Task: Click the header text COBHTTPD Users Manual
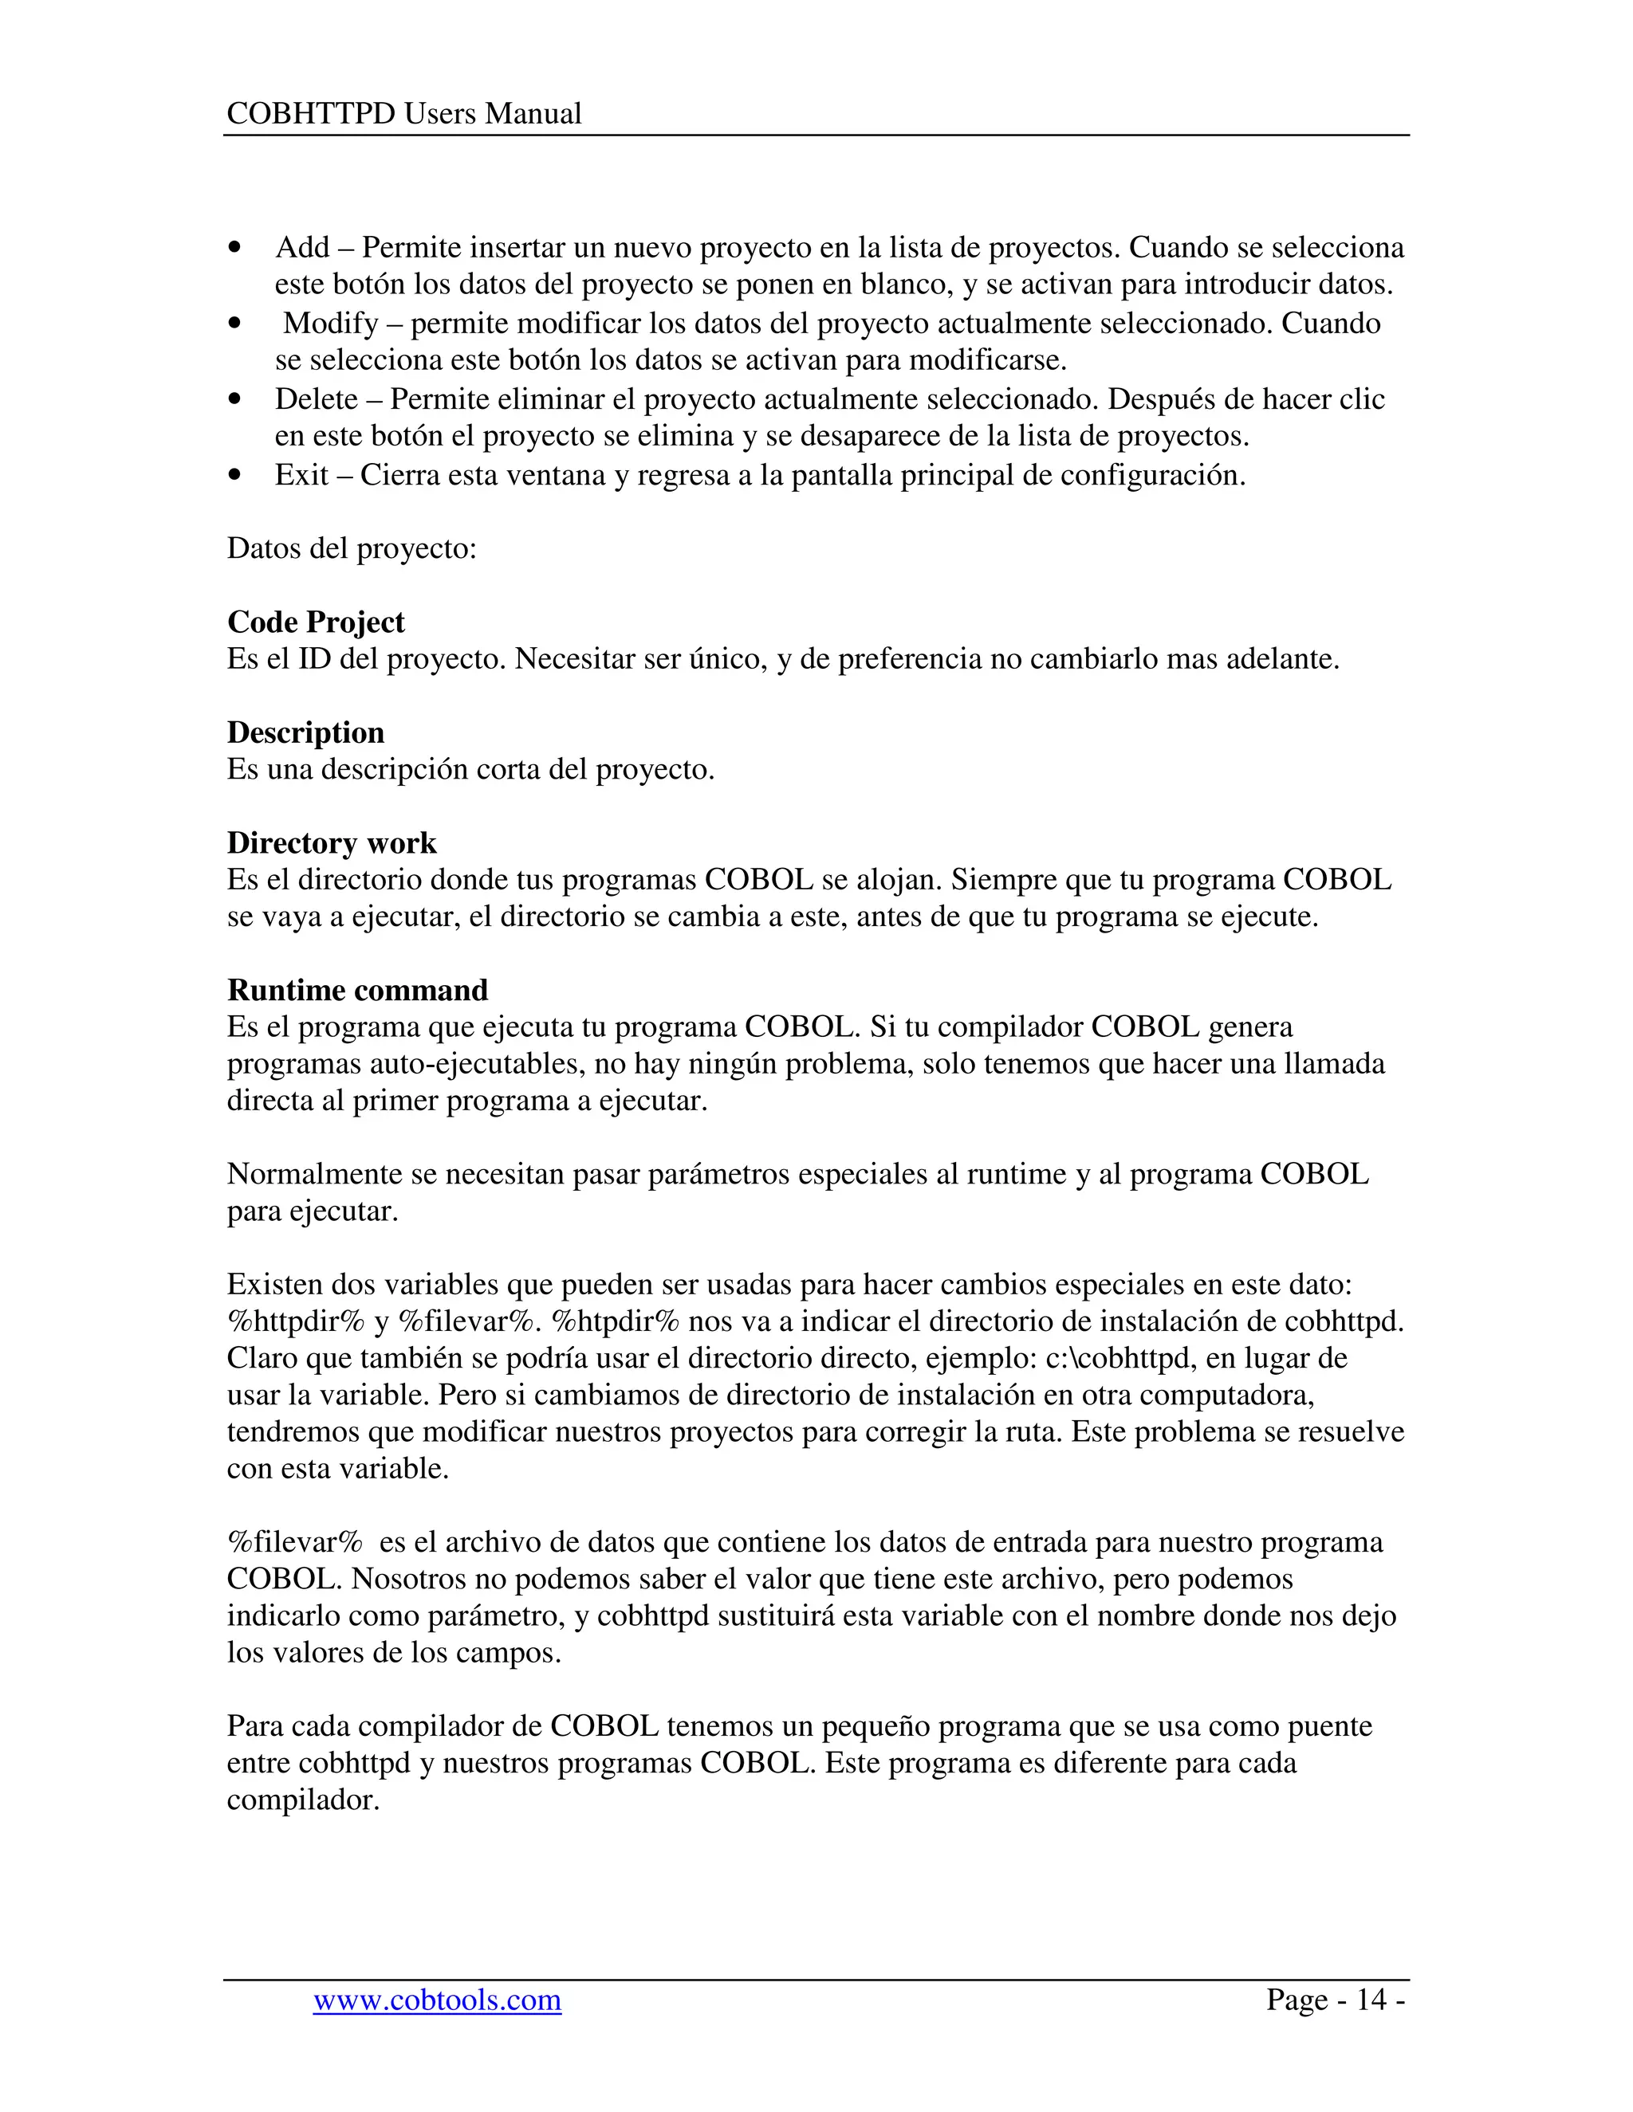click(x=403, y=114)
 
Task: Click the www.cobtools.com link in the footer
click(x=436, y=1999)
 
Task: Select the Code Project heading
click(x=316, y=622)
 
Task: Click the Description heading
click(x=305, y=732)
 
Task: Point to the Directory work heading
click(x=332, y=842)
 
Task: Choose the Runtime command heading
click(x=357, y=989)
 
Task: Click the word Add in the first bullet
click(x=302, y=248)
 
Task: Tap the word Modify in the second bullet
click(x=330, y=323)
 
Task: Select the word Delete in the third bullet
click(x=317, y=398)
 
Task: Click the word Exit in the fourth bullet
click(x=301, y=475)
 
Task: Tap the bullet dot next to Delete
click(x=234, y=399)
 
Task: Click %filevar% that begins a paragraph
click(x=295, y=1541)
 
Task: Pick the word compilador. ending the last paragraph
click(x=303, y=1800)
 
